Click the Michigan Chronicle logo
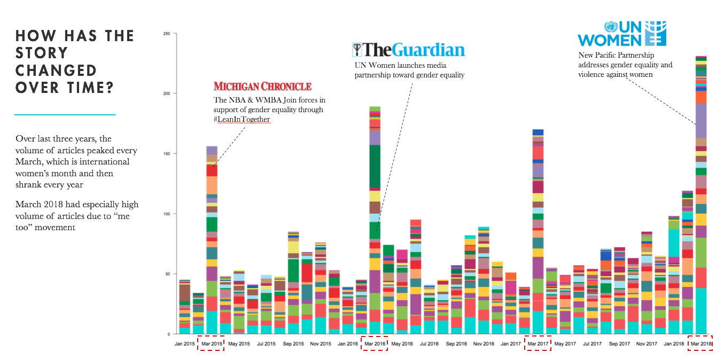[262, 87]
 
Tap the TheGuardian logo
[409, 50]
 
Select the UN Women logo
[621, 34]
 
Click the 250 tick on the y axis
[166, 34]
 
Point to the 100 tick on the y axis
[166, 214]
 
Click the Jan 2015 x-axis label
[184, 344]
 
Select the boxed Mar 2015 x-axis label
[211, 344]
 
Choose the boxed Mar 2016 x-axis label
[375, 344]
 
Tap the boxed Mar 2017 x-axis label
[538, 344]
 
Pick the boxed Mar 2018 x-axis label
[701, 344]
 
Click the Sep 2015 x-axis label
[293, 344]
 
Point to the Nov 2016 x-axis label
[484, 344]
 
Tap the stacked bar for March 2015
[212, 240]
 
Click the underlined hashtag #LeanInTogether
[242, 119]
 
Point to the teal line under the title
[65, 114]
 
